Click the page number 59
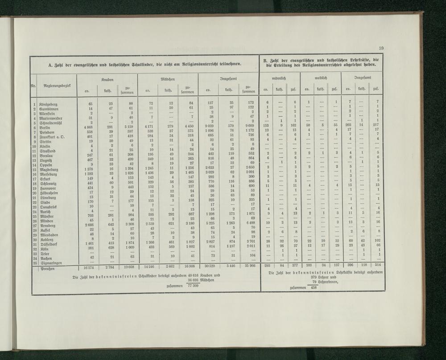(381, 48)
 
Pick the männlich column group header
(280, 78)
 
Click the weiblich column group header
(321, 78)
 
